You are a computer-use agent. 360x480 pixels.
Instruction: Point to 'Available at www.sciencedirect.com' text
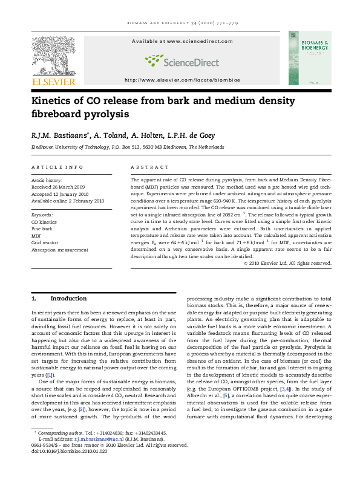(x=175, y=41)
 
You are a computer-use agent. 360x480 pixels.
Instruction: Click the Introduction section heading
(x=68, y=299)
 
